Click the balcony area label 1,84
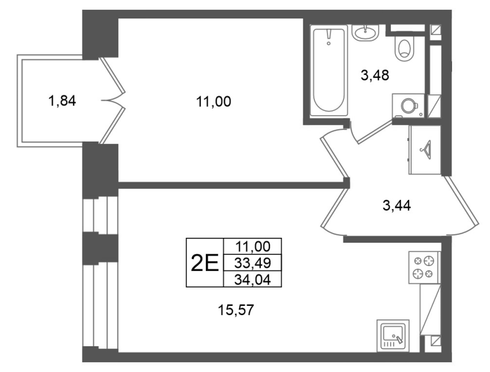coord(62,101)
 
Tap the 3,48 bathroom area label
coord(375,75)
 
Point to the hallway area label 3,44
coord(396,206)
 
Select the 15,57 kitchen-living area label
coord(236,310)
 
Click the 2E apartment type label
coord(205,263)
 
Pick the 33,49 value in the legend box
coord(252,263)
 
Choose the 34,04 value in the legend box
coord(252,279)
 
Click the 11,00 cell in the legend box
coord(252,246)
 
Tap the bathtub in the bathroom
coord(328,70)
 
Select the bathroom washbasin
coord(365,32)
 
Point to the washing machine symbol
coord(408,105)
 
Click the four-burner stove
coord(424,267)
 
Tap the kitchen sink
coord(393,336)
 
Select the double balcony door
coord(113,101)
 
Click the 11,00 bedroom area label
coord(213,102)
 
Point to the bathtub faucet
coord(328,37)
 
